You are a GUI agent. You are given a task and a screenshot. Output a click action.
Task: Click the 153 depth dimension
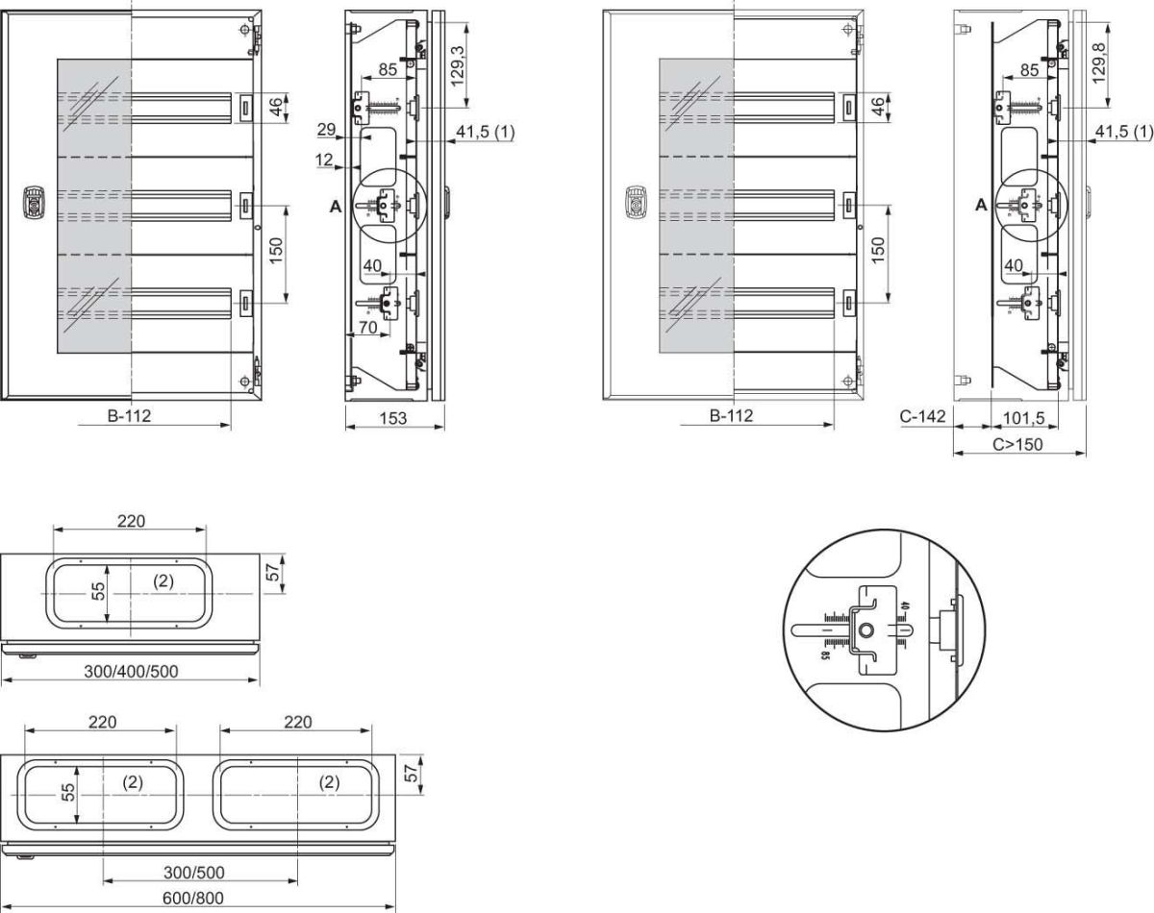click(x=393, y=418)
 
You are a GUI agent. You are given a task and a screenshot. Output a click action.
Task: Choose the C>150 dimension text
click(x=1017, y=444)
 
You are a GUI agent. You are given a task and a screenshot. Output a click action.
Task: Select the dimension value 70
click(x=366, y=327)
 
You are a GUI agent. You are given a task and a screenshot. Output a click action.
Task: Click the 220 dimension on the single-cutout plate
click(x=131, y=521)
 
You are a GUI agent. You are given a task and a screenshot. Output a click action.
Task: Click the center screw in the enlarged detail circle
click(x=866, y=630)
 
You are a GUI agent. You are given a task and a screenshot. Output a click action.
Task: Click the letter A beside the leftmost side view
click(x=335, y=205)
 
